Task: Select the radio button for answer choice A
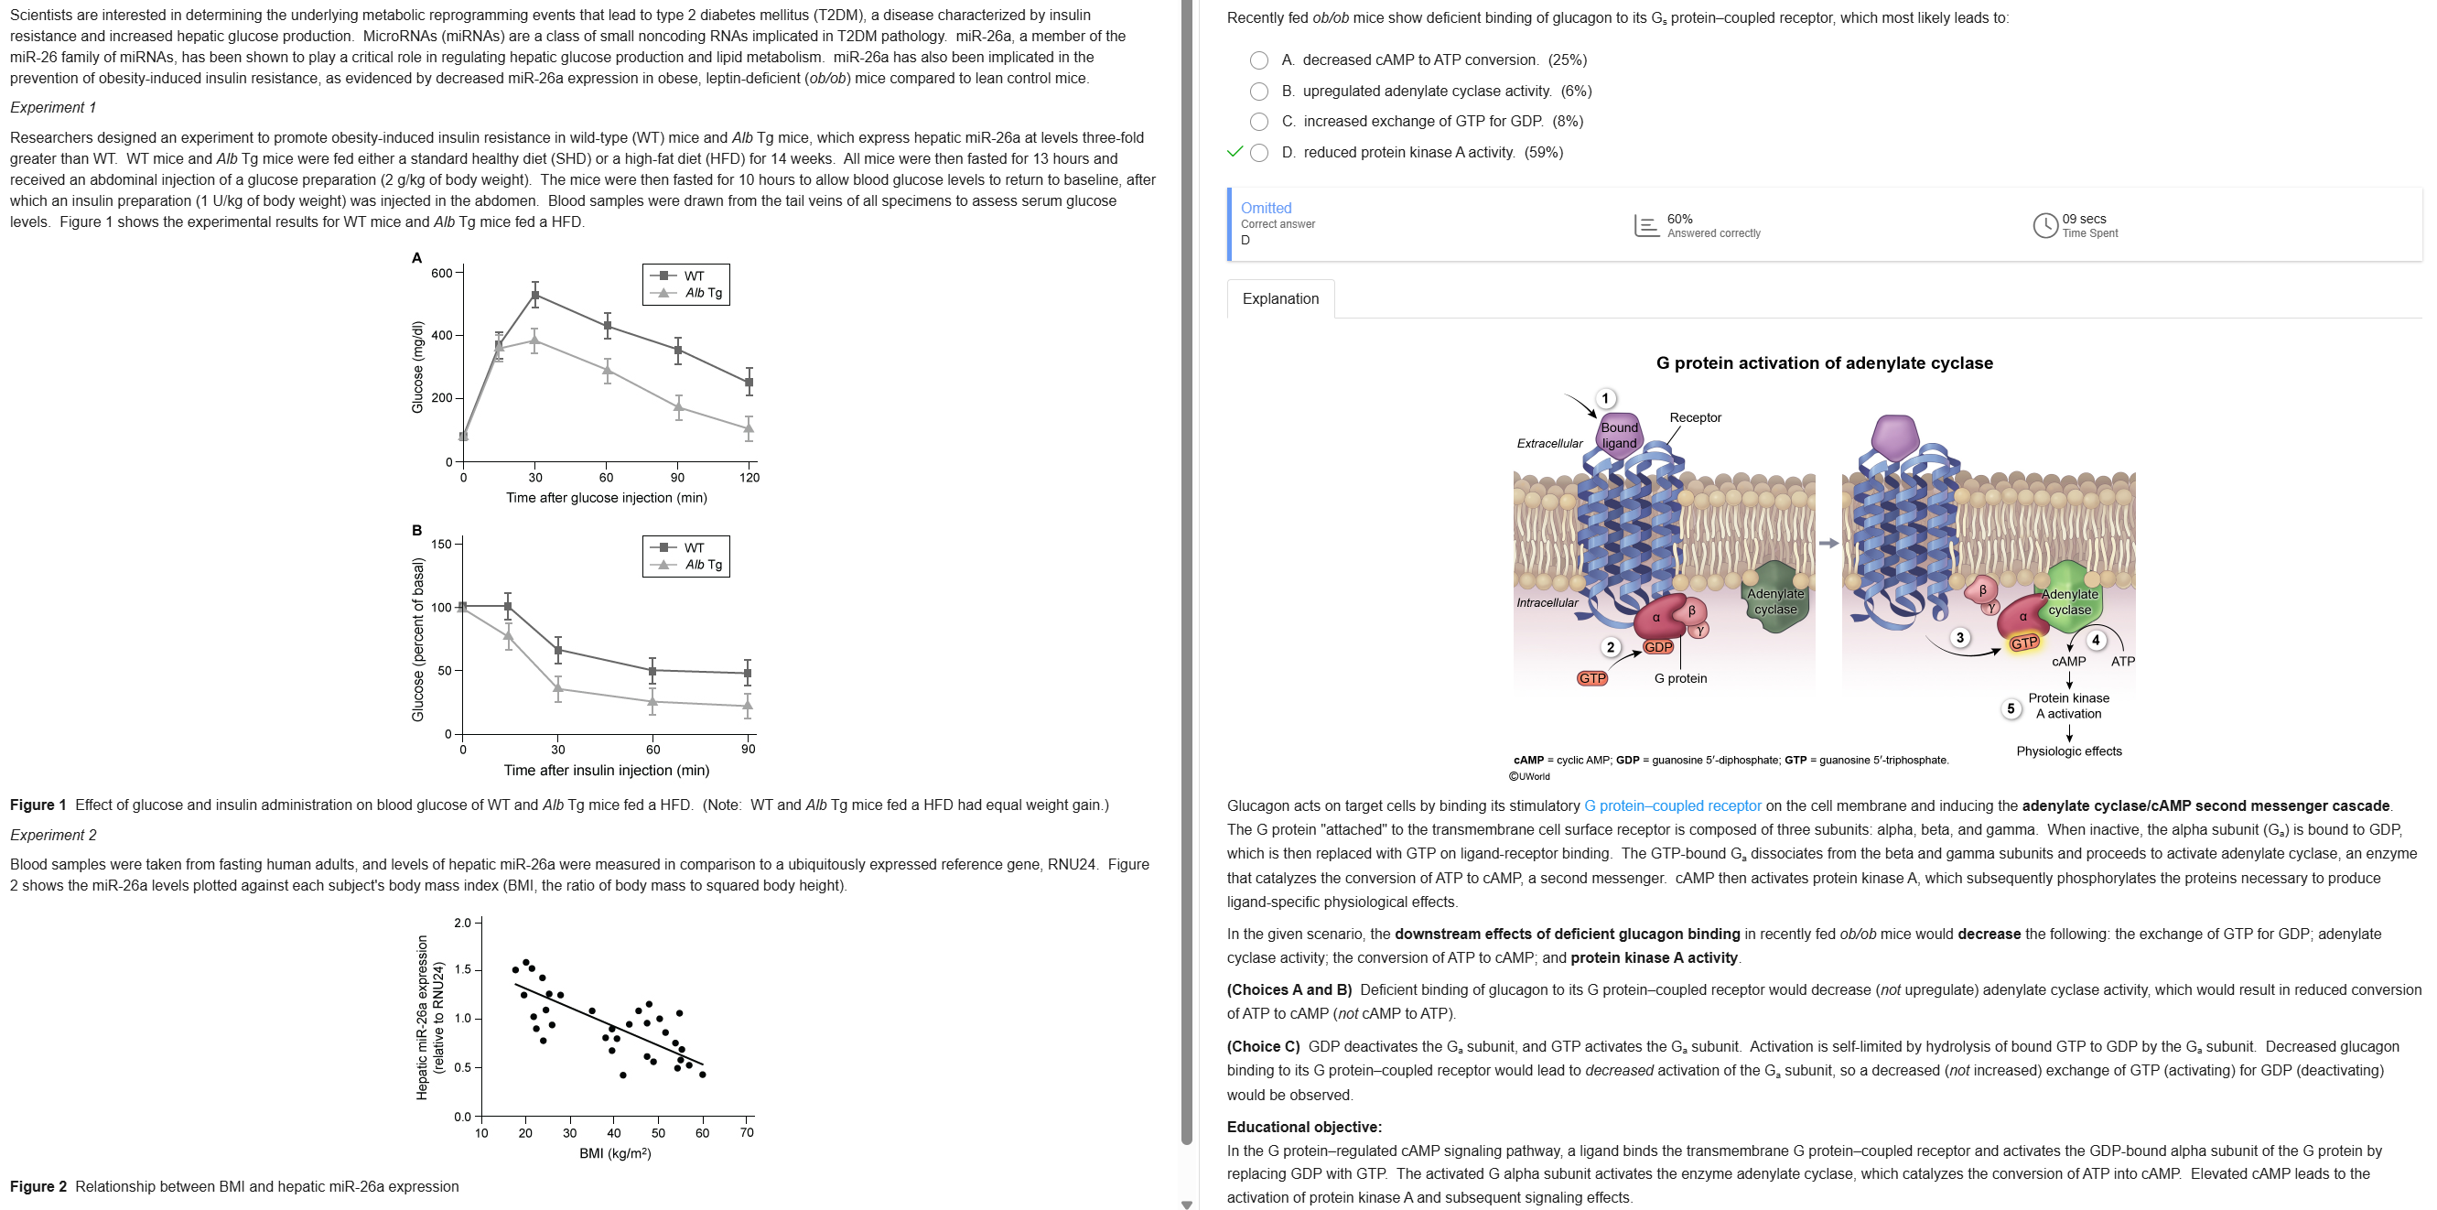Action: [1259, 60]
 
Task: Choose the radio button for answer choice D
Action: [1259, 153]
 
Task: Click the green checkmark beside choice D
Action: [1234, 152]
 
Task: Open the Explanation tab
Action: [1280, 299]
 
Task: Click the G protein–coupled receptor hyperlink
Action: [1673, 806]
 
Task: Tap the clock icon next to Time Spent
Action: [2045, 225]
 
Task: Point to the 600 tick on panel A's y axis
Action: [442, 274]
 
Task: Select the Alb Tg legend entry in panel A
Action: [703, 293]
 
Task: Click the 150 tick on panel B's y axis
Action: [442, 544]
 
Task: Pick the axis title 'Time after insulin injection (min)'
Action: [607, 770]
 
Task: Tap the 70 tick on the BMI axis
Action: [747, 1132]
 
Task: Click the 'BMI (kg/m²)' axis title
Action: [615, 1153]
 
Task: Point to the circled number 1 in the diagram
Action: [1604, 398]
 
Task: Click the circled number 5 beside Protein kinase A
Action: [2011, 708]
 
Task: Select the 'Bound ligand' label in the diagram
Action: [1619, 435]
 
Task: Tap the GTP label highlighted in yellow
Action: [2023, 643]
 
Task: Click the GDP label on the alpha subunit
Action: [1657, 647]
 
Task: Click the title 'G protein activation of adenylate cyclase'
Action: [1824, 363]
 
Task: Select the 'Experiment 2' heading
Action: [53, 836]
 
